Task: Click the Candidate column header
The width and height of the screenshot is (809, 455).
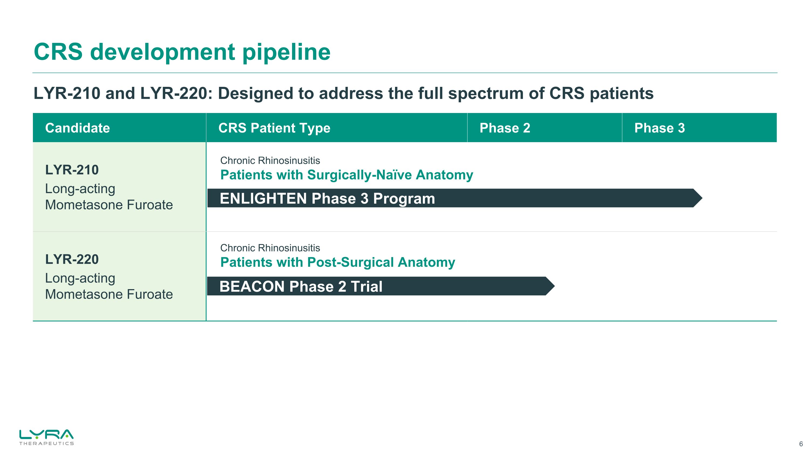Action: [x=77, y=128]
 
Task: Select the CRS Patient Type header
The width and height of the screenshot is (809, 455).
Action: [x=274, y=128]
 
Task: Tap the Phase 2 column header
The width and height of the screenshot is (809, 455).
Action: [x=505, y=128]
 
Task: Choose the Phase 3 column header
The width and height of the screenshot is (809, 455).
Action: [x=660, y=128]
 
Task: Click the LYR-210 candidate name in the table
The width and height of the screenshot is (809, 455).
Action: [x=72, y=170]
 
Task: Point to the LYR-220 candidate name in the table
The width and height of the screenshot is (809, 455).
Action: [x=72, y=259]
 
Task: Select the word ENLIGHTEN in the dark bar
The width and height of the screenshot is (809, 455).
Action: [x=263, y=199]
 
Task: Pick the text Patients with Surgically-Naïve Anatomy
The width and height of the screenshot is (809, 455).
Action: [x=347, y=175]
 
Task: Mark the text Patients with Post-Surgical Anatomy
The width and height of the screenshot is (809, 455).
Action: [x=338, y=262]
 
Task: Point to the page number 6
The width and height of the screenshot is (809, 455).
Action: [x=801, y=444]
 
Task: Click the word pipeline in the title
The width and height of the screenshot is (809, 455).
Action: [x=286, y=52]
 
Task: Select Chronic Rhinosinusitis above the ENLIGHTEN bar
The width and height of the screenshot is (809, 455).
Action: [x=270, y=160]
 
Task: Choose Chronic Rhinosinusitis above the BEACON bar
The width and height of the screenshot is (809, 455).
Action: [x=270, y=248]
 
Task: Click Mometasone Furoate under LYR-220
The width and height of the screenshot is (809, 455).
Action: [x=109, y=295]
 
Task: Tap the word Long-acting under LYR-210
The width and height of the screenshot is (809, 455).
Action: [x=80, y=189]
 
